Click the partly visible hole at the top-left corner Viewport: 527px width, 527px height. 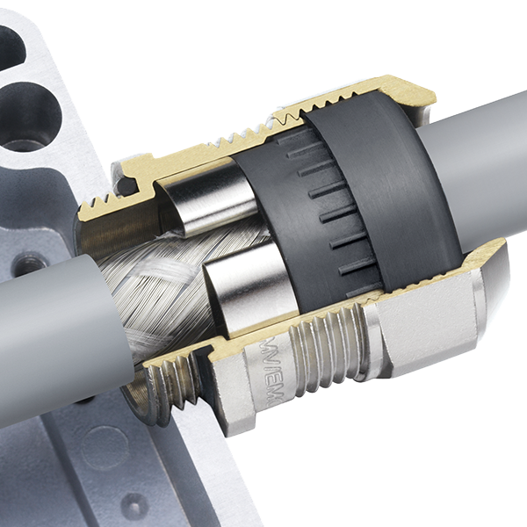coord(11,44)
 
